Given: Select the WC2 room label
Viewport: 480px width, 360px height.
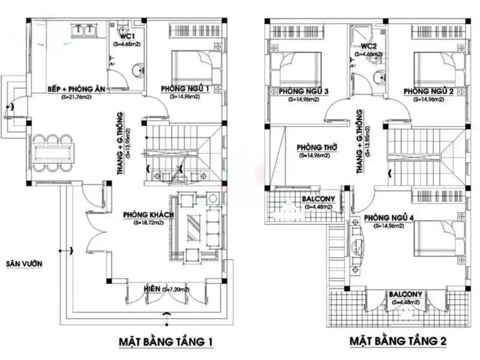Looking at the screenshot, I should [x=368, y=46].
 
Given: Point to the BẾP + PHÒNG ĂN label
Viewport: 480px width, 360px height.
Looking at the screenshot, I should [x=77, y=89].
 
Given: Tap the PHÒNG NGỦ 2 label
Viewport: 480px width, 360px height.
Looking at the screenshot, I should [x=427, y=91].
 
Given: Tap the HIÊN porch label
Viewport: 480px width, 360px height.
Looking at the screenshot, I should [x=152, y=289].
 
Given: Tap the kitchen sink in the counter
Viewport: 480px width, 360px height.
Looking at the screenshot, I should [x=83, y=29].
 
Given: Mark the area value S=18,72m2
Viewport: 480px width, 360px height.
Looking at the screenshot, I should [x=148, y=223].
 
